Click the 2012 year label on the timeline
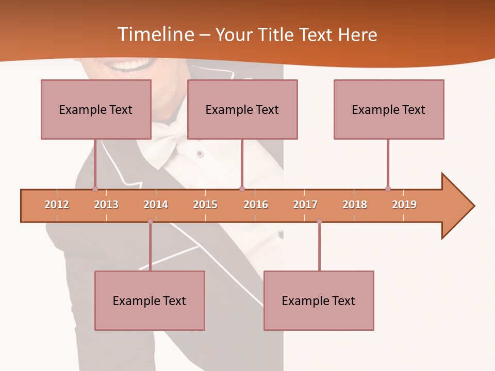point(57,205)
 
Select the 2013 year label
point(106,205)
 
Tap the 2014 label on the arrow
point(156,205)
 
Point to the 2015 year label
point(205,205)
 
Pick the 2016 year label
point(256,205)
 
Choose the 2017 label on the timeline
point(305,205)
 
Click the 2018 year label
point(355,205)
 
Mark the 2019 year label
point(404,205)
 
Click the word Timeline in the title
point(155,35)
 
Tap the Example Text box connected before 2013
point(96,109)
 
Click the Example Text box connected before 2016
point(242,109)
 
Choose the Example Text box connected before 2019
point(389,109)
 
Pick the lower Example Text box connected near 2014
point(150,300)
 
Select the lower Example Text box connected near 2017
point(319,300)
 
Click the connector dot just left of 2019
point(388,189)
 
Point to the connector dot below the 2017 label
point(319,222)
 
